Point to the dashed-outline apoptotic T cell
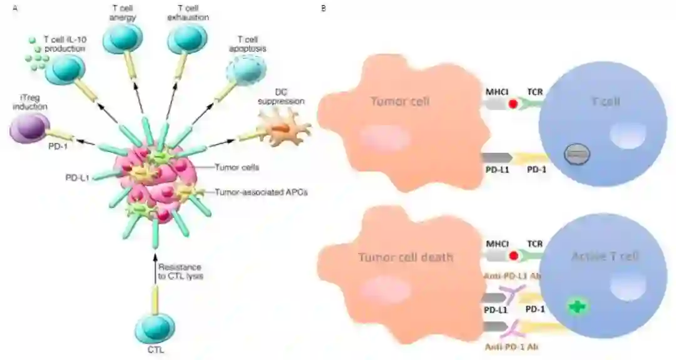click(x=242, y=71)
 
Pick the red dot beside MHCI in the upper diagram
click(x=514, y=103)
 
